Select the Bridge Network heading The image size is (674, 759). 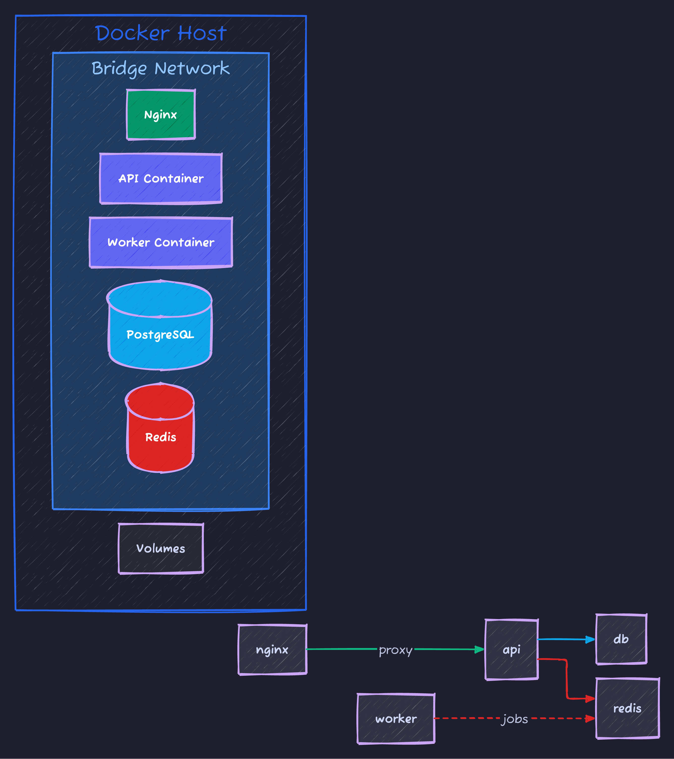coord(161,68)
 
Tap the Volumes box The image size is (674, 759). coord(161,548)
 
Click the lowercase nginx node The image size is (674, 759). coord(272,650)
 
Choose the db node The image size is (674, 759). coord(621,639)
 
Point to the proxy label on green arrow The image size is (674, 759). coord(396,650)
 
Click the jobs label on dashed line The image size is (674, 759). coord(515,719)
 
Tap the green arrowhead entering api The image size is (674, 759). coord(480,650)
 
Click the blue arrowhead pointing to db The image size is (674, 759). coord(590,639)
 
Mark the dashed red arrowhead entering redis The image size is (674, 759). coord(590,719)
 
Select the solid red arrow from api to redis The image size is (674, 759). coord(567,679)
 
